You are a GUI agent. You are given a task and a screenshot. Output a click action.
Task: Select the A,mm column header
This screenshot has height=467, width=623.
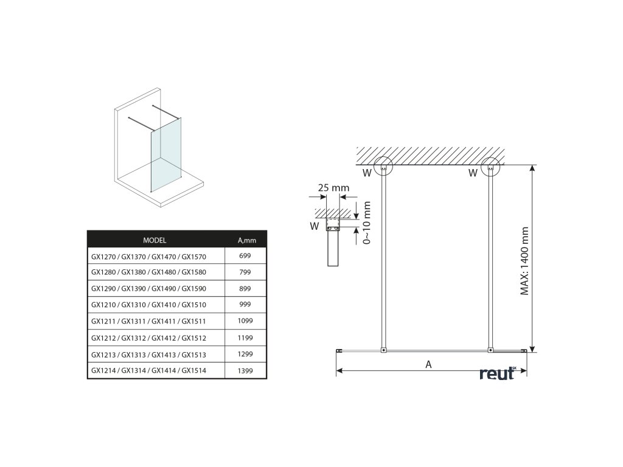pos(246,240)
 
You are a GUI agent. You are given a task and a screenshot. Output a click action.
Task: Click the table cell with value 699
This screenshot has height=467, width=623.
pos(245,256)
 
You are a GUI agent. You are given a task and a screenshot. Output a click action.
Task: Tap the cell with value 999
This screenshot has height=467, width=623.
pos(245,305)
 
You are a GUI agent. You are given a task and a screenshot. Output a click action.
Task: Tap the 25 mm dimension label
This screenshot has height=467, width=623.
pos(333,188)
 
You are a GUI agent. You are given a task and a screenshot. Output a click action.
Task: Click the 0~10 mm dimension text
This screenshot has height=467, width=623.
pos(366,224)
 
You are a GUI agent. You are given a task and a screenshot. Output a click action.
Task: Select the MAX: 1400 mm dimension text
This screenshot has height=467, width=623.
pos(525,261)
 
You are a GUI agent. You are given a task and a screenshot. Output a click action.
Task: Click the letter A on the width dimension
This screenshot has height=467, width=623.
pos(428,365)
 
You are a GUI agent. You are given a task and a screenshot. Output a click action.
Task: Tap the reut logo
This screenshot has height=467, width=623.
pos(498,373)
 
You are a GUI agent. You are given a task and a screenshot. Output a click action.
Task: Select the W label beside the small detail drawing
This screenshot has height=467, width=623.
pos(315,227)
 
